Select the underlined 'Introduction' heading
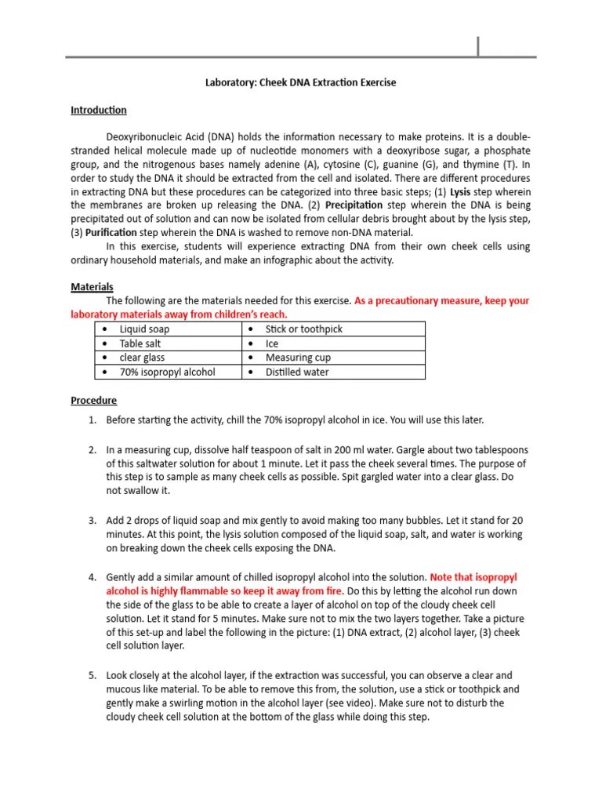click(x=99, y=110)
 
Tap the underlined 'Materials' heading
click(x=92, y=287)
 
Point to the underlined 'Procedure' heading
click(x=93, y=400)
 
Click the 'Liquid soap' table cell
click(x=144, y=329)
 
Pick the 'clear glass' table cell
click(x=142, y=358)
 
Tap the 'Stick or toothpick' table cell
click(x=303, y=329)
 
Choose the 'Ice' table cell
click(x=272, y=343)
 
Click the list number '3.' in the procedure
click(x=92, y=520)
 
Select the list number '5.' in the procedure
click(x=92, y=675)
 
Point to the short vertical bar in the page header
click(x=478, y=46)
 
